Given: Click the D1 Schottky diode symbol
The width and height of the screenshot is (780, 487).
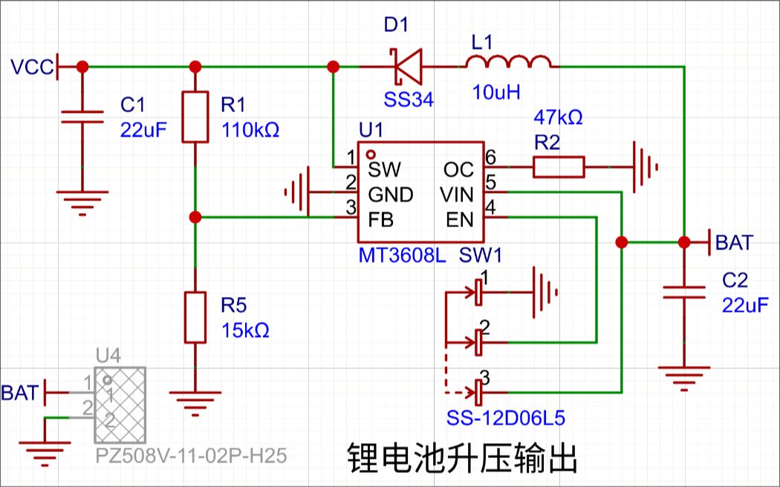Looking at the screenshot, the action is click(x=407, y=66).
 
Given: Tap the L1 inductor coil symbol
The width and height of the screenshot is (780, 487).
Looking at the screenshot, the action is click(x=508, y=61).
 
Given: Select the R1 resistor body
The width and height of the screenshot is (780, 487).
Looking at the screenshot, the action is click(x=195, y=117).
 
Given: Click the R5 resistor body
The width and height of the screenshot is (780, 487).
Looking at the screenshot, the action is click(x=195, y=318).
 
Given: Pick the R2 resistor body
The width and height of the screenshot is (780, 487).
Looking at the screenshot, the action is click(x=559, y=167).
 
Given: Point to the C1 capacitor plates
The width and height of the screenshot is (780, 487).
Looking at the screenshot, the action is click(x=82, y=117).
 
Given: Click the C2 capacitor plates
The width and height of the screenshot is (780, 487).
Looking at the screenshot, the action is click(x=684, y=292).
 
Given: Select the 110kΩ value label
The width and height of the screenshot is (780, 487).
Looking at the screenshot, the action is click(x=250, y=130).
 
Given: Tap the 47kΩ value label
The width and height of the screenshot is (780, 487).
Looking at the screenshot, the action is click(x=558, y=118).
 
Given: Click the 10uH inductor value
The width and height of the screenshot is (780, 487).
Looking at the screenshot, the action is click(x=496, y=92).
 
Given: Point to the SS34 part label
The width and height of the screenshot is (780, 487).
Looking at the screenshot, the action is click(x=409, y=100).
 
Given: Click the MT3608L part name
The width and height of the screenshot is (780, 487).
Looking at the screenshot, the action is click(x=403, y=255).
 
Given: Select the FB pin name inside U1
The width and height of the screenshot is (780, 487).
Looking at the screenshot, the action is click(x=380, y=220).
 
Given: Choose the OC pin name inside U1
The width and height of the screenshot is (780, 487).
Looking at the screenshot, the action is click(x=458, y=170).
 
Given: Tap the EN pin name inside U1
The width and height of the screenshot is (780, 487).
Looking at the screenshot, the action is click(x=460, y=220).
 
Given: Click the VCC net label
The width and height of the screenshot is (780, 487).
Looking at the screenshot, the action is click(x=31, y=67).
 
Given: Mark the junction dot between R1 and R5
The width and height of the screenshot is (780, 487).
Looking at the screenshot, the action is click(x=195, y=218).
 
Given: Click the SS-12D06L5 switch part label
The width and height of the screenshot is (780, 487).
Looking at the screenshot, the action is click(x=505, y=419).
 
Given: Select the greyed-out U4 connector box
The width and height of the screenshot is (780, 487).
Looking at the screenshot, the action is click(x=120, y=405).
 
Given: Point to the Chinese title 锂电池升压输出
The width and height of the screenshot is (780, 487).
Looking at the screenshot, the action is click(x=461, y=458).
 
